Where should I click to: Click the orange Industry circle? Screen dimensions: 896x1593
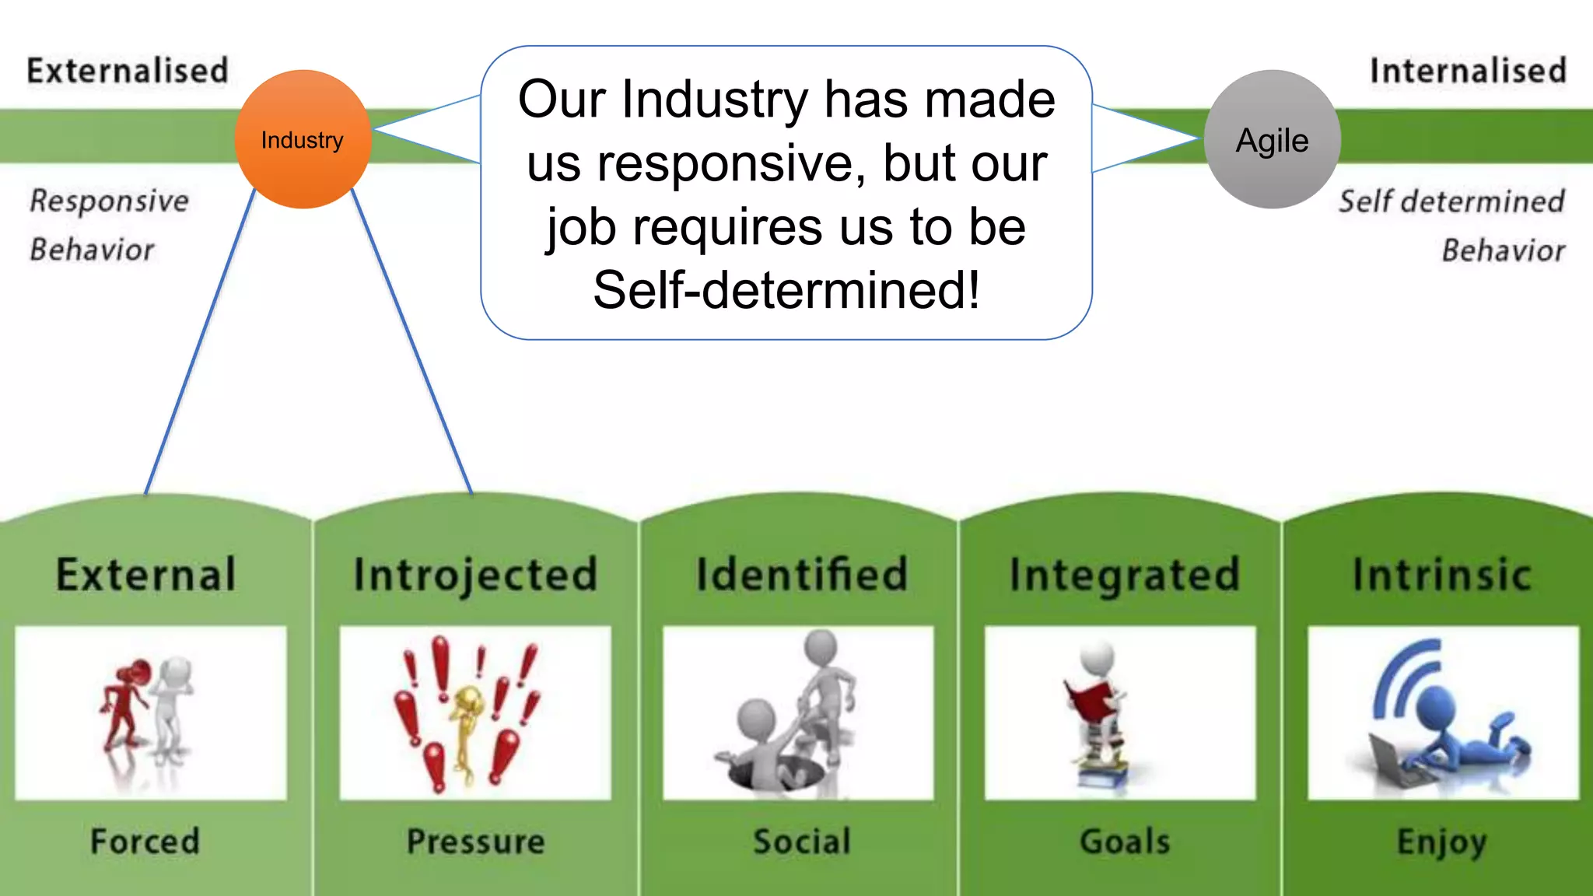pos(303,140)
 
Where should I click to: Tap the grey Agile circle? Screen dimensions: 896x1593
pos(1272,140)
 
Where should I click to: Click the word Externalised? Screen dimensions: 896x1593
pos(128,71)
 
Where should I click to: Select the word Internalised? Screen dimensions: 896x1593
pos(1468,71)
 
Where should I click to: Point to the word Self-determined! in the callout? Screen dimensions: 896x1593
pos(786,290)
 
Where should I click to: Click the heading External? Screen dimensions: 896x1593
pos(145,575)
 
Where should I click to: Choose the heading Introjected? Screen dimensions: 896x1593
pos(475,575)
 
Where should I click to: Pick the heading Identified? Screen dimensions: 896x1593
pos(801,575)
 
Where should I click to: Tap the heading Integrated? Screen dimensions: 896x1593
pos(1124,575)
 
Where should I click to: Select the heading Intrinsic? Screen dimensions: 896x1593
pos(1442,575)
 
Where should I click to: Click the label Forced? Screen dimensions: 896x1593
pos(145,842)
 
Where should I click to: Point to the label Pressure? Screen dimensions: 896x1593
pos(475,842)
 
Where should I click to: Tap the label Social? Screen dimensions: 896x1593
pos(801,842)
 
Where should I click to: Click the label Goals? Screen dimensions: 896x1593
pos(1124,842)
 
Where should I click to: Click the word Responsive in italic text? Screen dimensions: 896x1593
pos(110,201)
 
